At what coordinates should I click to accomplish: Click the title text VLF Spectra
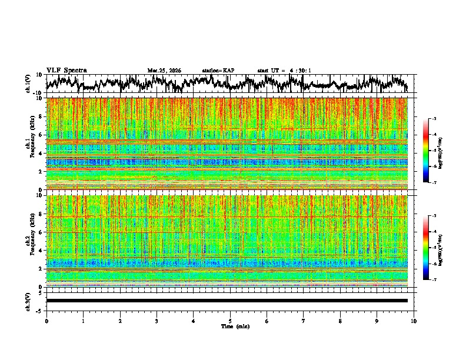[66, 70]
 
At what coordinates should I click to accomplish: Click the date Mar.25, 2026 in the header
[164, 71]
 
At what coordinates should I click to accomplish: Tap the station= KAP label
[218, 71]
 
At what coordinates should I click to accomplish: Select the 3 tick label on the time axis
[157, 321]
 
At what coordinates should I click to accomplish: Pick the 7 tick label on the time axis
[303, 321]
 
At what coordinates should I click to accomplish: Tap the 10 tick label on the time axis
[414, 321]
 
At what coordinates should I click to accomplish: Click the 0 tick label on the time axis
[46, 321]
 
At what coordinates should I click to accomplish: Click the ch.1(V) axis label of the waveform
[28, 84]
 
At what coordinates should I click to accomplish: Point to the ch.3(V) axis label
[28, 301]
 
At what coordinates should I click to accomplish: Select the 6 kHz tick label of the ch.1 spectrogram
[40, 135]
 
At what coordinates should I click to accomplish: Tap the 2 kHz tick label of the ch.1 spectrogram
[40, 171]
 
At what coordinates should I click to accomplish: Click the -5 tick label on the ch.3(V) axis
[39, 309]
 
